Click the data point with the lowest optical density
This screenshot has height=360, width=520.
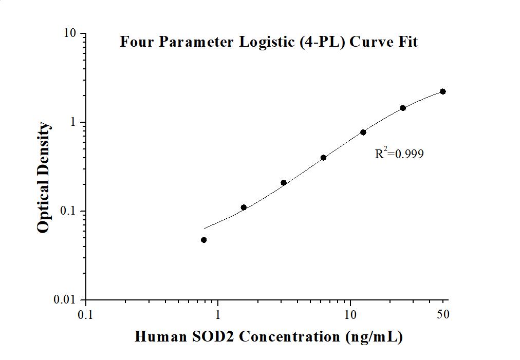click(x=204, y=240)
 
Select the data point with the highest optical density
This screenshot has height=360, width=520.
click(x=443, y=91)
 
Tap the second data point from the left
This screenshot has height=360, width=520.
click(x=244, y=207)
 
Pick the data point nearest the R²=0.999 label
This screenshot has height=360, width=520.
click(x=363, y=132)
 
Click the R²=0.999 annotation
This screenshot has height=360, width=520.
click(x=399, y=153)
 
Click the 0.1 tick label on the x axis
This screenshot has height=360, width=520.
click(x=86, y=314)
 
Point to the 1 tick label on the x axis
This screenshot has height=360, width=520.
click(x=218, y=314)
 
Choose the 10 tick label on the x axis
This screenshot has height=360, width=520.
click(x=350, y=314)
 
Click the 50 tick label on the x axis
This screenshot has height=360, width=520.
click(x=443, y=314)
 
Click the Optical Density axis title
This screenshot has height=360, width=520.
click(x=44, y=177)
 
